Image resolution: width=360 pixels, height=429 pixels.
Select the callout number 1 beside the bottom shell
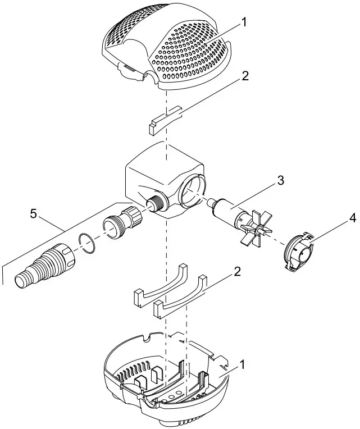tap(243, 364)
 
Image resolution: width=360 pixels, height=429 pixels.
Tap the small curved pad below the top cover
tap(166, 120)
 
